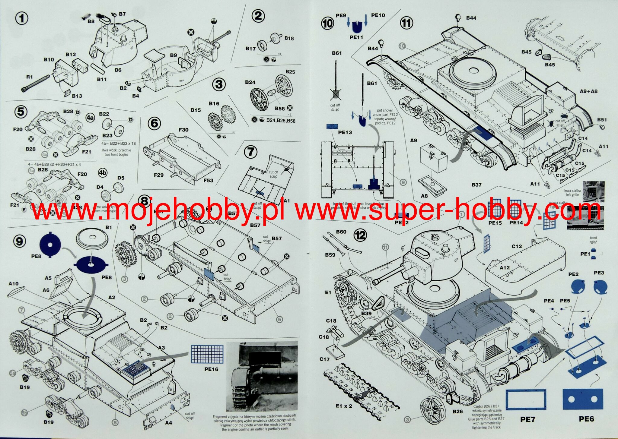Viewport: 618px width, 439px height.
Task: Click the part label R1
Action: [29, 77]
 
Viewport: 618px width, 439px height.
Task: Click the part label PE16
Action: [211, 369]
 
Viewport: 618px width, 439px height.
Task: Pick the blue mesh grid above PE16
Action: [207, 354]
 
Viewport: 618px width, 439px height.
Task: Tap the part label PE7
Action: [527, 419]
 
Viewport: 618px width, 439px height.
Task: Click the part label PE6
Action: [586, 418]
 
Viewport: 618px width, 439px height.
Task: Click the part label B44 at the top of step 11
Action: [471, 18]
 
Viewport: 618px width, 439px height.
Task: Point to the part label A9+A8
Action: [588, 91]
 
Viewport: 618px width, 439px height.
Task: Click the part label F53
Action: [208, 181]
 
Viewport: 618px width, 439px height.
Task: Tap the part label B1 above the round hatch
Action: [108, 227]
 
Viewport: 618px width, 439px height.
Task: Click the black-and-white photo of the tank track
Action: [262, 377]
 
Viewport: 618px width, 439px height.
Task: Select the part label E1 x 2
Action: [344, 406]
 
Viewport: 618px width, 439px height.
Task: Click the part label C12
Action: [517, 246]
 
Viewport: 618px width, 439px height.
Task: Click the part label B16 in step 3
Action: [214, 104]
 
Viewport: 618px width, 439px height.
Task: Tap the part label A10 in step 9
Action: [14, 283]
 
